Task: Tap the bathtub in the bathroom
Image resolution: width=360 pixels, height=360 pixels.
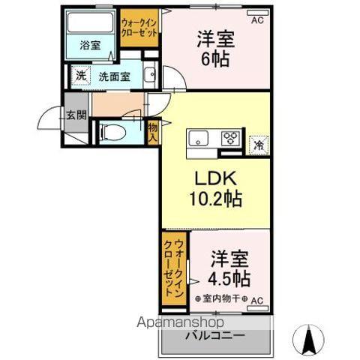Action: coord(89,23)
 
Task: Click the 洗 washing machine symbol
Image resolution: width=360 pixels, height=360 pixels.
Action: coord(79,76)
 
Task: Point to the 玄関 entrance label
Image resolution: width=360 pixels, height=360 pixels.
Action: coord(75,115)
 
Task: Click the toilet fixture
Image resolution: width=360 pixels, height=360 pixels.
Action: coord(113,131)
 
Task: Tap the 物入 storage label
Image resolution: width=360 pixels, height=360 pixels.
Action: coord(152,133)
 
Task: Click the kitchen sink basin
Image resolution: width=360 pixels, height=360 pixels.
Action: coord(199,138)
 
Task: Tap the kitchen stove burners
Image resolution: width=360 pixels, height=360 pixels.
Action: coord(230,138)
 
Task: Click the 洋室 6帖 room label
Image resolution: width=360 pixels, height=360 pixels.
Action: coord(214,46)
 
